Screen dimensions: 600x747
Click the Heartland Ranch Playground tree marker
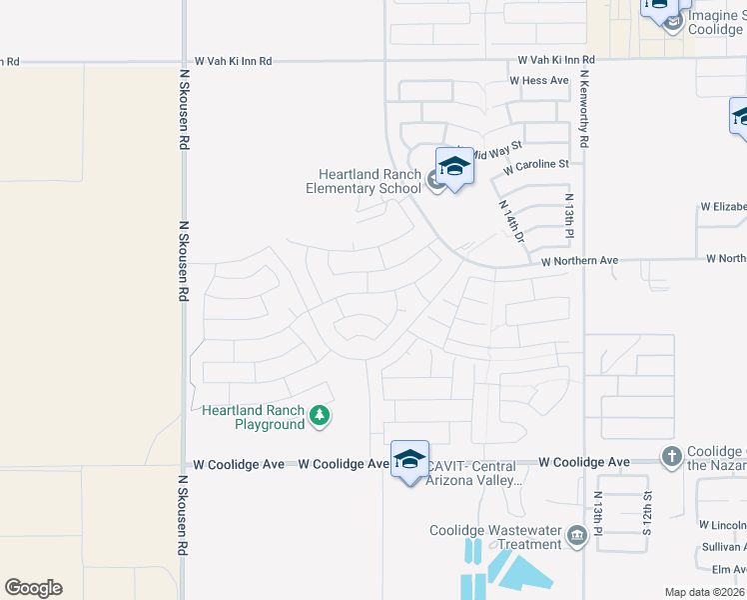tap(319, 415)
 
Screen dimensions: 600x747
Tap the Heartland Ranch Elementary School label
tap(364, 181)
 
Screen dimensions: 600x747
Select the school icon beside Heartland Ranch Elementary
tap(454, 167)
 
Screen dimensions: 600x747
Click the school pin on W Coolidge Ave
tap(409, 459)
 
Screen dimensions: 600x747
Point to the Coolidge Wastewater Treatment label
tap(495, 537)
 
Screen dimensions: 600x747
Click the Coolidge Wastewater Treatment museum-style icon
tap(576, 537)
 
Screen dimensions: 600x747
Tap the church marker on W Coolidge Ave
tap(671, 458)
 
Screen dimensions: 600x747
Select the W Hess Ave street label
tap(538, 81)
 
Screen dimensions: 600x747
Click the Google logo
tap(33, 588)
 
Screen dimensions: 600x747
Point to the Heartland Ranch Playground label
tap(254, 417)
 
